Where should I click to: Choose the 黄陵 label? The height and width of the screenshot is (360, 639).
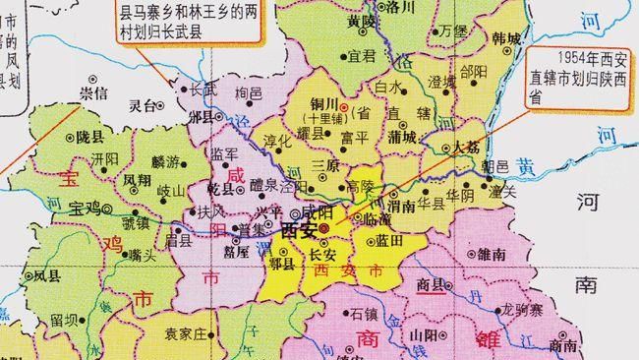coord(363,20)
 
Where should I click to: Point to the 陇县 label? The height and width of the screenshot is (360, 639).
coord(90,137)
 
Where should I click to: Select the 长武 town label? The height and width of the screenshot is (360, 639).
coord(202,88)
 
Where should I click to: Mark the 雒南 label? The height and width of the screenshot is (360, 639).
coord(492,253)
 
